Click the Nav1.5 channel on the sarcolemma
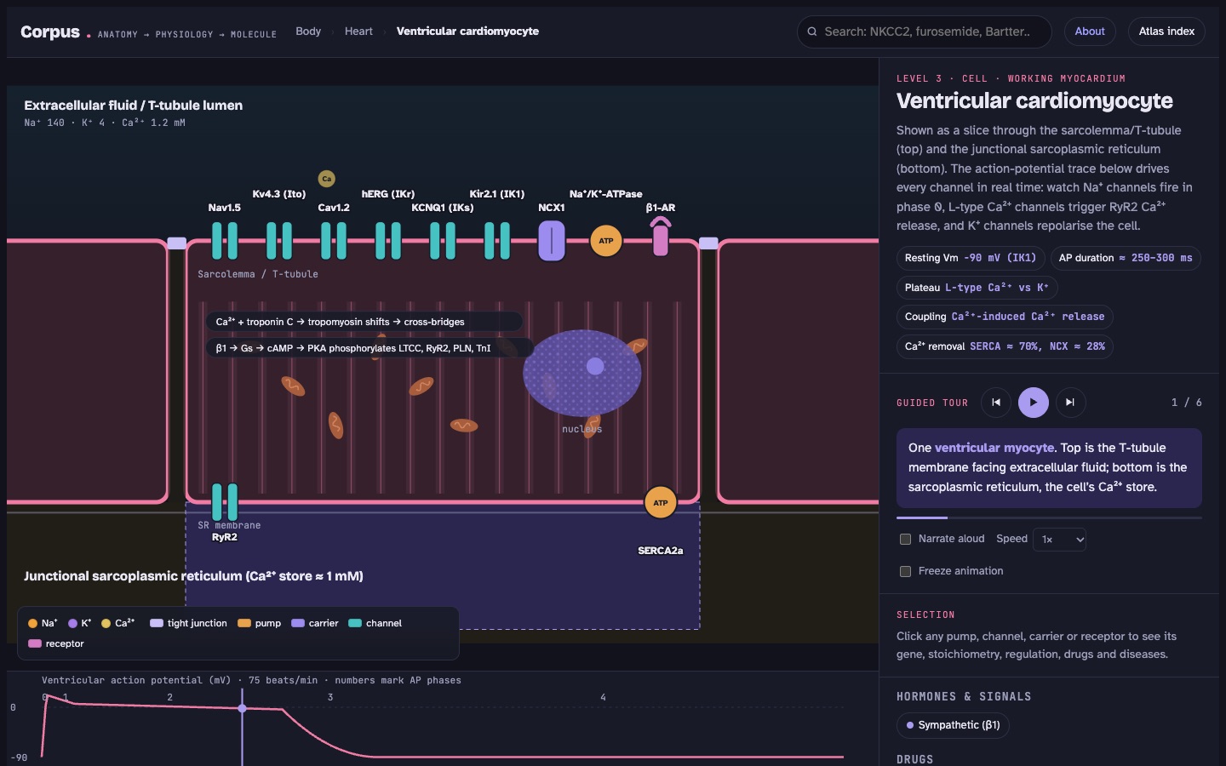(x=225, y=241)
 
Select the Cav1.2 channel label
(x=334, y=208)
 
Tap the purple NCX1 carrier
(x=551, y=241)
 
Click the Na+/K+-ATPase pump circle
(x=605, y=241)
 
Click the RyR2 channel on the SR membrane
(x=225, y=502)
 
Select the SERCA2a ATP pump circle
(x=660, y=502)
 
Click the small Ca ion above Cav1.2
(x=326, y=179)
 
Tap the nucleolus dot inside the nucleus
(x=595, y=366)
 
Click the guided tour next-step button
(x=1070, y=402)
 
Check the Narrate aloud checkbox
(x=905, y=539)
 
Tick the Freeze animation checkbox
(x=905, y=571)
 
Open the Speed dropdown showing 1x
(x=1059, y=540)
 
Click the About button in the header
(x=1089, y=31)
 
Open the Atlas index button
(x=1166, y=31)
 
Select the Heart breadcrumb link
(x=358, y=31)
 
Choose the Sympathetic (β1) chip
(x=953, y=725)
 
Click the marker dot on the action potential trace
(x=242, y=708)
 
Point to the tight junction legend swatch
(x=157, y=623)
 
